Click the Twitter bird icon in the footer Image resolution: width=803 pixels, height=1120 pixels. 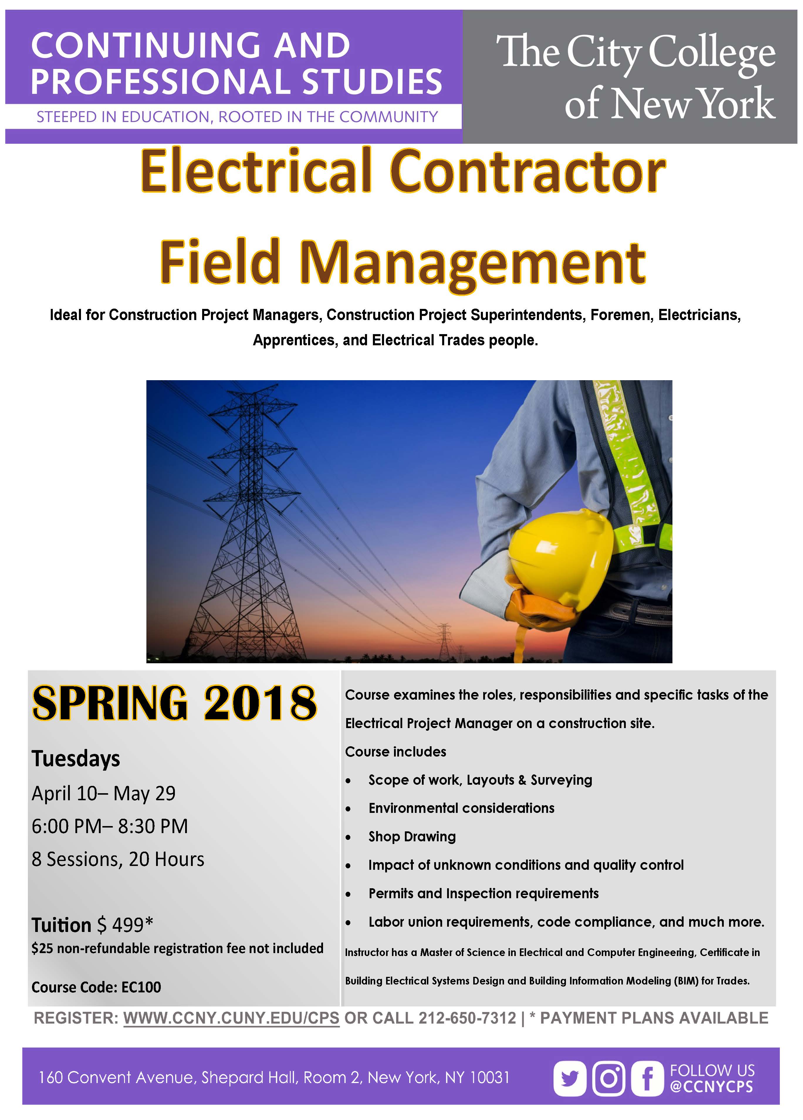tap(570, 1079)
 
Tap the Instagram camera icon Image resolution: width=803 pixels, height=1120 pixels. tap(608, 1079)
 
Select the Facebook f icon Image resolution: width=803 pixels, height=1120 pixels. tap(647, 1079)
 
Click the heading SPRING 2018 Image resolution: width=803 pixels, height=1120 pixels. tap(174, 703)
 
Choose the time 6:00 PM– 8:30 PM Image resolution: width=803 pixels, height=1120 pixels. tap(110, 826)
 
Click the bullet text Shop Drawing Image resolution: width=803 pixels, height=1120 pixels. tap(412, 837)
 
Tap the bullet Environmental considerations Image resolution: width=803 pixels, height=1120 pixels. tap(461, 808)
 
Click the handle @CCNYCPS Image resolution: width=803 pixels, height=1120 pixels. tap(712, 1087)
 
